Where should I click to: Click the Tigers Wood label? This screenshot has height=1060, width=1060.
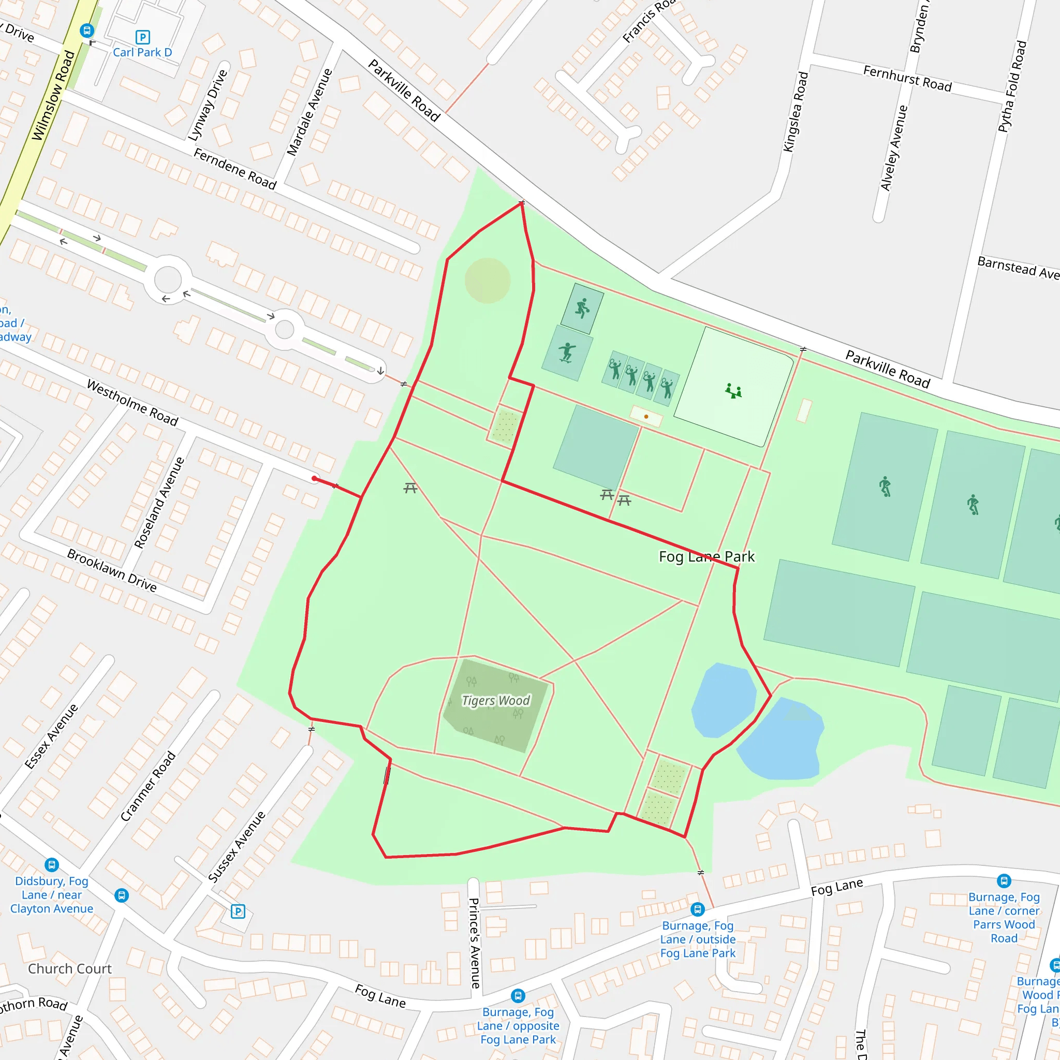click(495, 701)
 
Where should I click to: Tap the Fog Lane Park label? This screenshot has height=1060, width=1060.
click(706, 557)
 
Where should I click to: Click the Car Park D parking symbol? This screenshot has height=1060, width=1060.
click(143, 37)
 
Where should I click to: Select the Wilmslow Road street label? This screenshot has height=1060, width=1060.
click(53, 95)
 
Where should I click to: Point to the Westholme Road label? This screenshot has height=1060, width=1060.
click(133, 403)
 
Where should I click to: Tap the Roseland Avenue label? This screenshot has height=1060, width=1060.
click(159, 503)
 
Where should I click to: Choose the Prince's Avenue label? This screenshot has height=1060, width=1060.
click(474, 943)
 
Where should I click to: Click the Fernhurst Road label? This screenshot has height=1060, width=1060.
click(907, 78)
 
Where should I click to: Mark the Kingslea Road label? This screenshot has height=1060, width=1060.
click(796, 112)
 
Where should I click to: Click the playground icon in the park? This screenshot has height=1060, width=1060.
click(733, 391)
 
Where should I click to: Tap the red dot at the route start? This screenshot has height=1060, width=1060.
click(314, 479)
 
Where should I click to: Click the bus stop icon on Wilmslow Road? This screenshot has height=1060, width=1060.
click(86, 30)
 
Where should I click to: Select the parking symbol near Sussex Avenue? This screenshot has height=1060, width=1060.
click(238, 911)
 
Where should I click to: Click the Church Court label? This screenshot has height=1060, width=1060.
click(70, 969)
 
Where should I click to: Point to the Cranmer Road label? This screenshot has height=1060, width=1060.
click(148, 786)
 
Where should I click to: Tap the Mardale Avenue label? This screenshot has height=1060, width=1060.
click(310, 112)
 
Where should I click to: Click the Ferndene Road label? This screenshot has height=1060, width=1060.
click(235, 168)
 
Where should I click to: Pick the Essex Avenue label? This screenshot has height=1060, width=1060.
click(52, 736)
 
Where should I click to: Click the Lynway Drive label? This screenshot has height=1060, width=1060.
click(208, 106)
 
